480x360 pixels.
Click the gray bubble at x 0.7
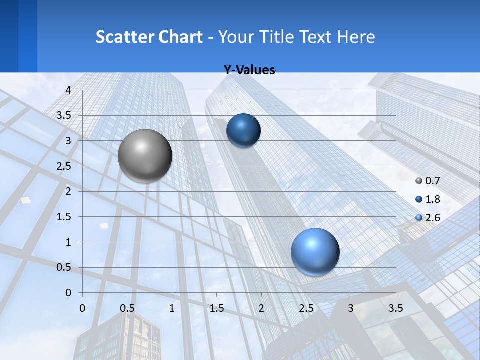click(x=145, y=156)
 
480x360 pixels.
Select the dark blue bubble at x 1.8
click(x=243, y=130)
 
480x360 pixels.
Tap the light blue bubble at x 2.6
click(x=315, y=252)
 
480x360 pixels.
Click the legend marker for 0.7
click(x=419, y=181)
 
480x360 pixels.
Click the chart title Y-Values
click(x=249, y=70)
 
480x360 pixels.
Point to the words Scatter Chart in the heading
click(x=149, y=37)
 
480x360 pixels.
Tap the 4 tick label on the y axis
click(x=69, y=90)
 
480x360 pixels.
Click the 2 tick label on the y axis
click(x=69, y=191)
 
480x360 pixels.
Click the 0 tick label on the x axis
click(x=83, y=308)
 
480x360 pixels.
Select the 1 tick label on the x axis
click(x=172, y=308)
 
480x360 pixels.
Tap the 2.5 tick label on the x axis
click(x=306, y=308)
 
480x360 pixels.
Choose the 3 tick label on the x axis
click(x=351, y=308)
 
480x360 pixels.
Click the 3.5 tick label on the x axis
click(x=395, y=308)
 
